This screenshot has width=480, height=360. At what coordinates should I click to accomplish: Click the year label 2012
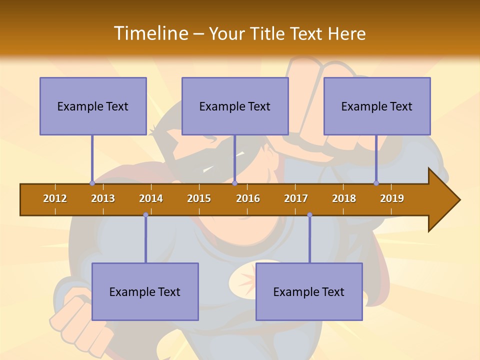(55, 198)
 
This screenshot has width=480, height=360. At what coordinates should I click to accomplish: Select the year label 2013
(103, 198)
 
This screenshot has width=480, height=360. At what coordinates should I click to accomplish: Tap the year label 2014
(151, 198)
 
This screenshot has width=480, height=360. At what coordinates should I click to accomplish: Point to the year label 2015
(199, 198)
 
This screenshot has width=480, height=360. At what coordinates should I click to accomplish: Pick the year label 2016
(248, 198)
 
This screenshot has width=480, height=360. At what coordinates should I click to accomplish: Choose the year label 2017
(296, 198)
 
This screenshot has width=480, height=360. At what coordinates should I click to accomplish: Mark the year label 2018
(344, 198)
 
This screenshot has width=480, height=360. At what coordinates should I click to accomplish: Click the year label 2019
(392, 198)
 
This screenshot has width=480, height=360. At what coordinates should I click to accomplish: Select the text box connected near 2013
(93, 106)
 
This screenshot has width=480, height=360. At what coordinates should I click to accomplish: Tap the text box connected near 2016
(235, 106)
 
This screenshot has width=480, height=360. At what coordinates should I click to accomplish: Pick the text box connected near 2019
(377, 106)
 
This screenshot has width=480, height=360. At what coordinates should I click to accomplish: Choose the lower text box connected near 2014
(145, 291)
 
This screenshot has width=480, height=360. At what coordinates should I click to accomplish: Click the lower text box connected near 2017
(309, 291)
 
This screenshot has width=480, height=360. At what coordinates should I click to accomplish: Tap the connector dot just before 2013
(92, 183)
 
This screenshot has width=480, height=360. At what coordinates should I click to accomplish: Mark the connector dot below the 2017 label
(309, 215)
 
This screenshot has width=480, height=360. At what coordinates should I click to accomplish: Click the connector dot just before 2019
(376, 183)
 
